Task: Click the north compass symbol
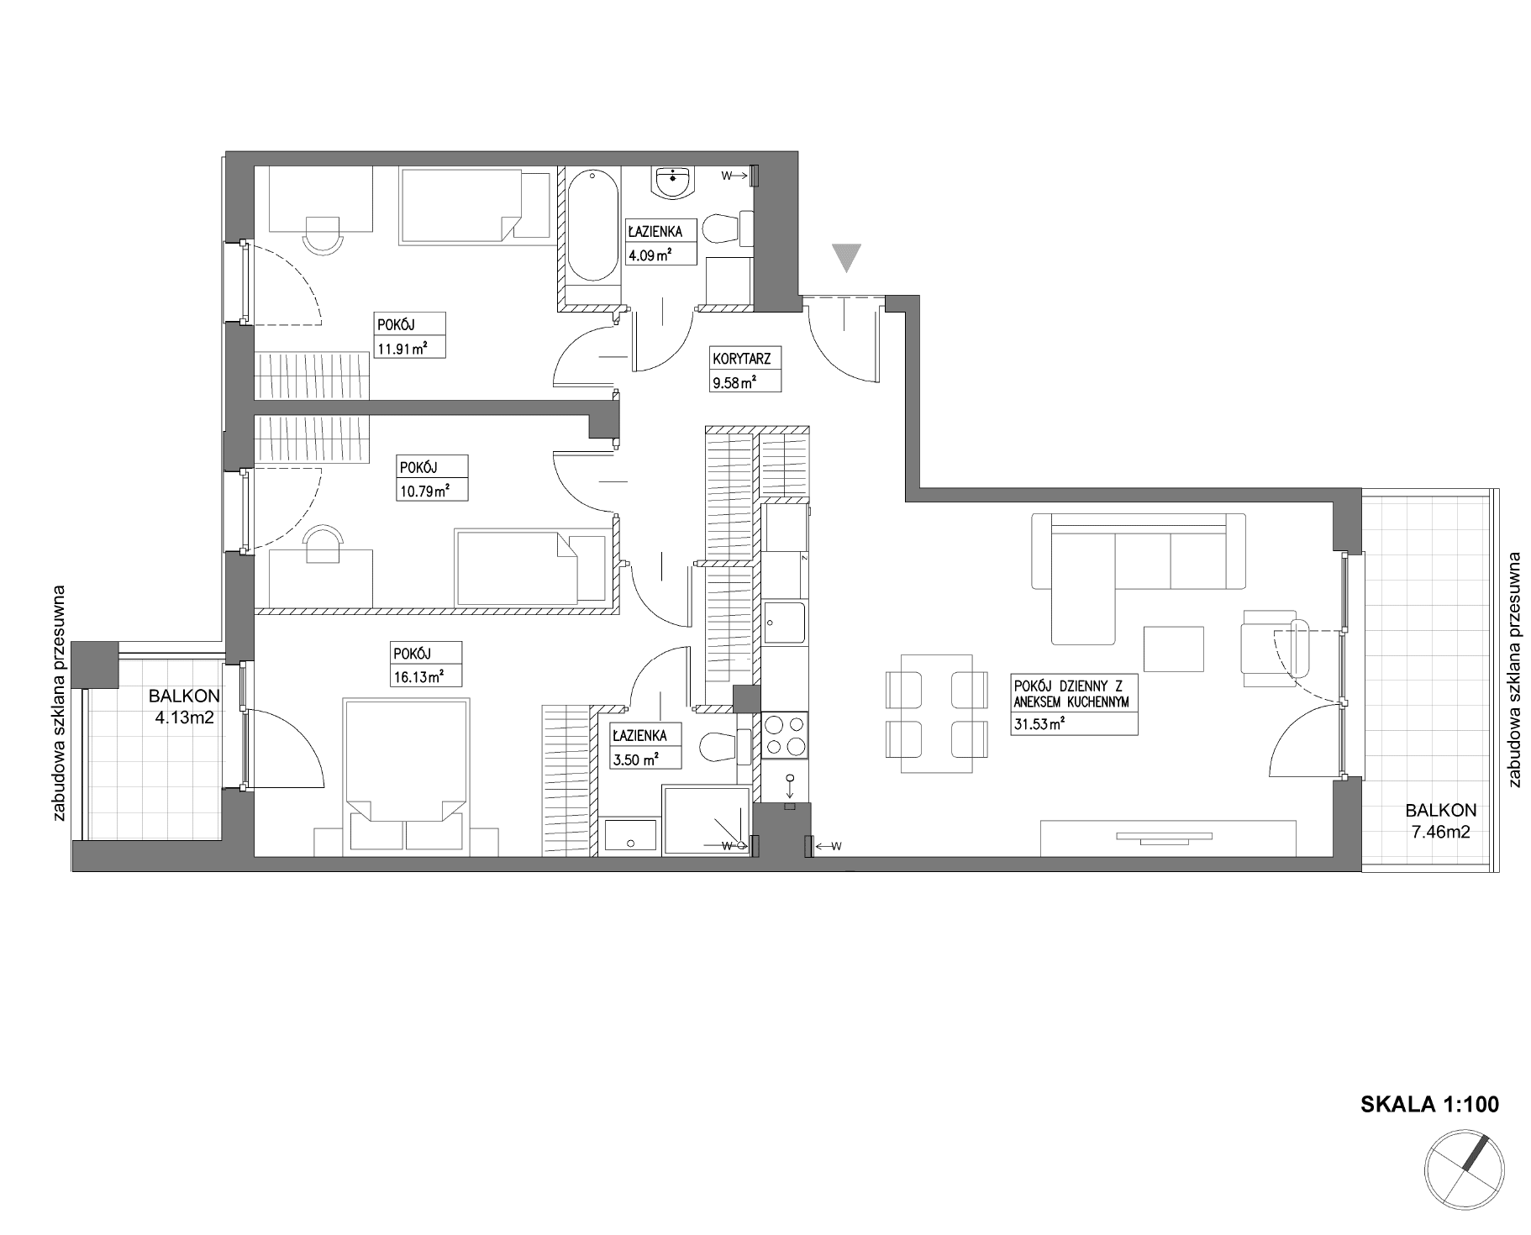point(1464,1171)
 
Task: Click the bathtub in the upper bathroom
point(592,224)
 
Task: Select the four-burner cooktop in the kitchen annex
point(785,735)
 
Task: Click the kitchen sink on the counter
point(785,623)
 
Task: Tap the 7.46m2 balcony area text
point(1441,833)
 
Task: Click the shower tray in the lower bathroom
point(705,821)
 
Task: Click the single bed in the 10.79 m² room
point(530,567)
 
